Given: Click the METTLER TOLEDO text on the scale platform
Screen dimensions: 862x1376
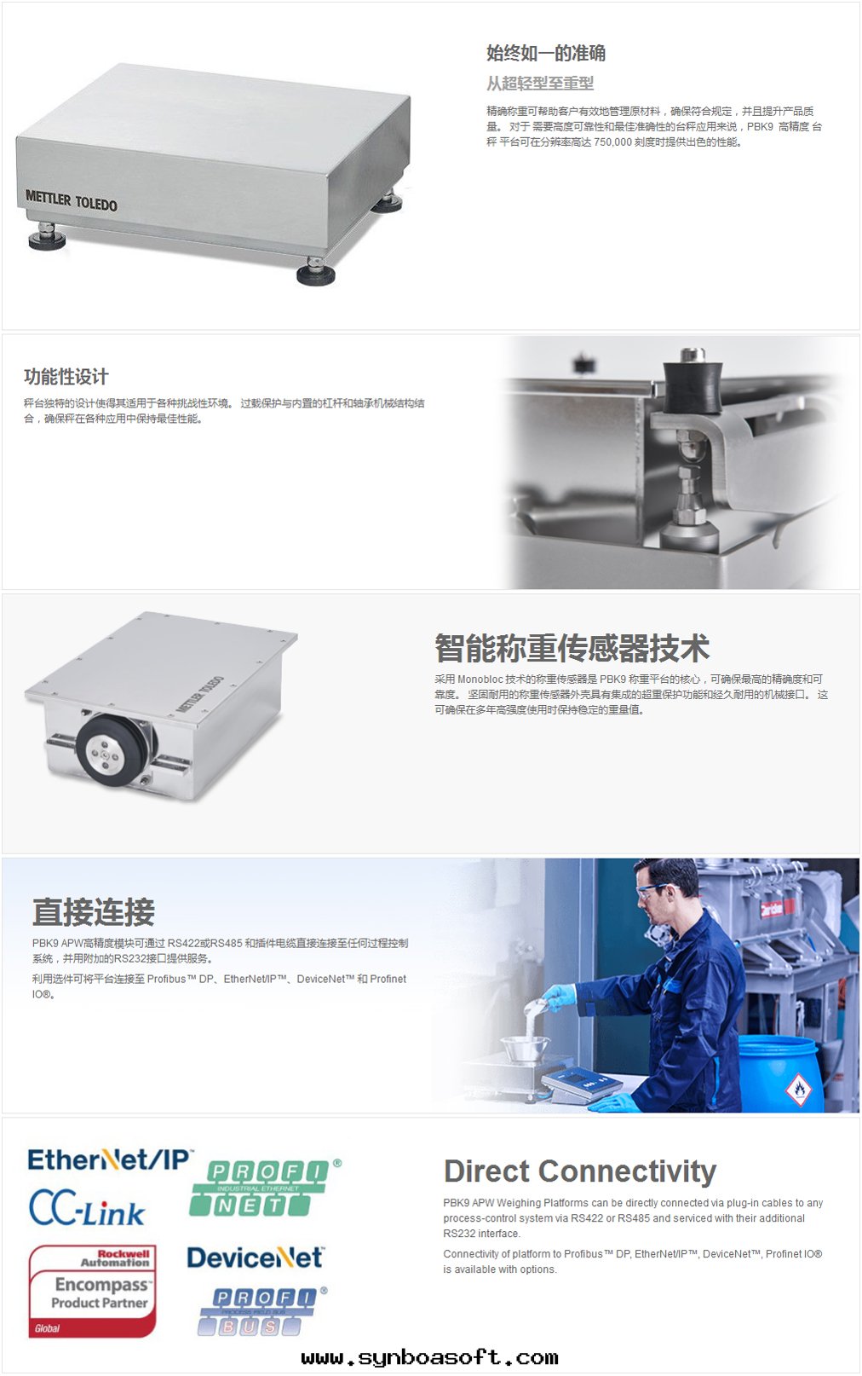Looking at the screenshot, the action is point(72,200).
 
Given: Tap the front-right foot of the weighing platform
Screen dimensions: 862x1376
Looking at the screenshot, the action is point(316,271).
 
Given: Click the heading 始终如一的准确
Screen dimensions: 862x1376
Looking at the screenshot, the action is point(546,53).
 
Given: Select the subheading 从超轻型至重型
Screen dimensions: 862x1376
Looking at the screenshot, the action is point(540,83).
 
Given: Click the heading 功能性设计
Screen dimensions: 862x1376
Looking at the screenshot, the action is point(66,377).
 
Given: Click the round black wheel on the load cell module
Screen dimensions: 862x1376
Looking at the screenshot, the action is point(111,749).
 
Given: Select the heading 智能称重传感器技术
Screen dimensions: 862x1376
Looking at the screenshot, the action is point(572,648).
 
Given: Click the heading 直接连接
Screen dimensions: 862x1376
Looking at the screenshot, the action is point(93,911).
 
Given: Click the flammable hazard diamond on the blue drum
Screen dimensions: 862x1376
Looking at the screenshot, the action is point(799,1090).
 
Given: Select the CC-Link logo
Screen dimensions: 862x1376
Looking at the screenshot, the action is point(87,1208).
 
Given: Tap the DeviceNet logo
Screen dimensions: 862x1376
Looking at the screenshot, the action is point(256,1257).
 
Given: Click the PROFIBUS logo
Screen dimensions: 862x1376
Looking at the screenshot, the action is point(261,1311).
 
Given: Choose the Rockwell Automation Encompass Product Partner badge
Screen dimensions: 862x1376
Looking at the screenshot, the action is point(92,1291).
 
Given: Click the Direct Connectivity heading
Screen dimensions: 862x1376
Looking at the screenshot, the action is point(580,1171).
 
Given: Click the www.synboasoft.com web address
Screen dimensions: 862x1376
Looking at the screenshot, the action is point(429,1356).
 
